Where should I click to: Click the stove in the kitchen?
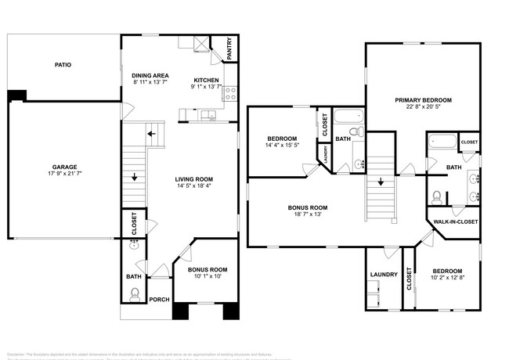(x=230, y=94)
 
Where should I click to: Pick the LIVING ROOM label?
(x=193, y=179)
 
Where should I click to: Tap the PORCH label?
(x=159, y=299)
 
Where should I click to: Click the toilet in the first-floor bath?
(x=135, y=295)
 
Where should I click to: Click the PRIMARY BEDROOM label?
(x=423, y=100)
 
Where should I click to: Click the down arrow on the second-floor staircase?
(x=381, y=182)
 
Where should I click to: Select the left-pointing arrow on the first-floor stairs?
(x=150, y=134)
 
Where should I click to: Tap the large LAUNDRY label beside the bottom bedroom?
(x=384, y=275)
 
